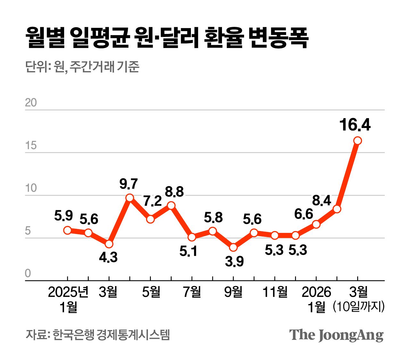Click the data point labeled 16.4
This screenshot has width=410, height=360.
tap(357, 140)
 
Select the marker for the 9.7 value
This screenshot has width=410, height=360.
tap(130, 198)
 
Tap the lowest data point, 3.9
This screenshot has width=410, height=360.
tap(233, 247)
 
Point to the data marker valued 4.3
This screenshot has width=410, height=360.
tap(109, 244)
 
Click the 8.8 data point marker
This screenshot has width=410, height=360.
tap(171, 205)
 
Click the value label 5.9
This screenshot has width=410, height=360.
tap(63, 216)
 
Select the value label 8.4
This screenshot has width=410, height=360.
tap(322, 200)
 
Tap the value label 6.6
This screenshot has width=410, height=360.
tap(303, 214)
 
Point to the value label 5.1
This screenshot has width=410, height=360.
tap(188, 252)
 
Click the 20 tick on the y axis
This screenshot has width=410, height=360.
tap(31, 103)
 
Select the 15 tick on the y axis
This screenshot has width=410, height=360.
tap(31, 146)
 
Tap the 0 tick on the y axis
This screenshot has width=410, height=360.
tap(28, 273)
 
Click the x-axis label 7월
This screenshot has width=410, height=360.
tap(192, 292)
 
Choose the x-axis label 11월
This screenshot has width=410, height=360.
tap(275, 292)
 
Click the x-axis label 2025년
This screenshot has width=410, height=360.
tap(68, 292)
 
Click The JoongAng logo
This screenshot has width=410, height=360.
tap(336, 335)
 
